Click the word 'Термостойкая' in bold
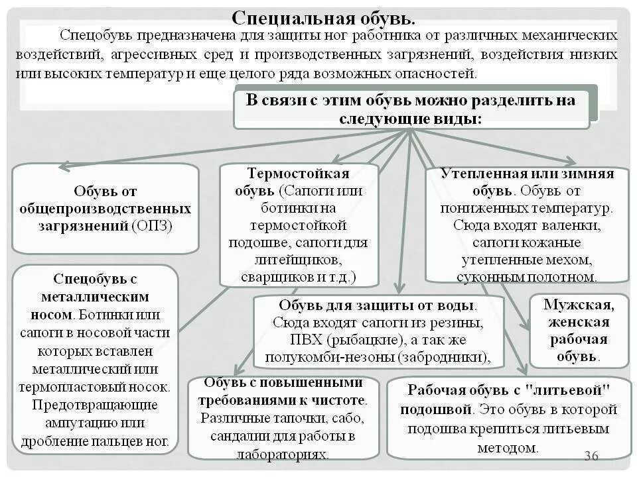pos(298,174)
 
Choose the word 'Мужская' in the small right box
pos(579,305)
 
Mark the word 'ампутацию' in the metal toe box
pos(76,423)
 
